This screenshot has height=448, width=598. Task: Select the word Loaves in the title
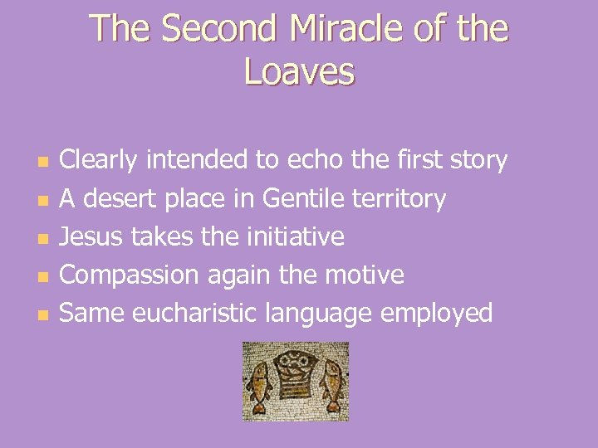tap(299, 72)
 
